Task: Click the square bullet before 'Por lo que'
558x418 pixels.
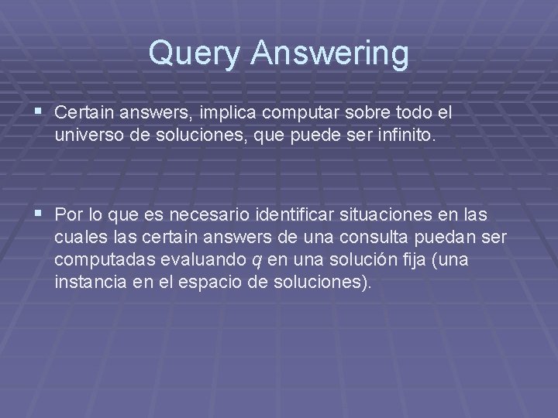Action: tap(40, 214)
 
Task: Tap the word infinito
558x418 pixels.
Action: tap(408, 135)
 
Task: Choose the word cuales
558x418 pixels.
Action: tap(75, 236)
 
